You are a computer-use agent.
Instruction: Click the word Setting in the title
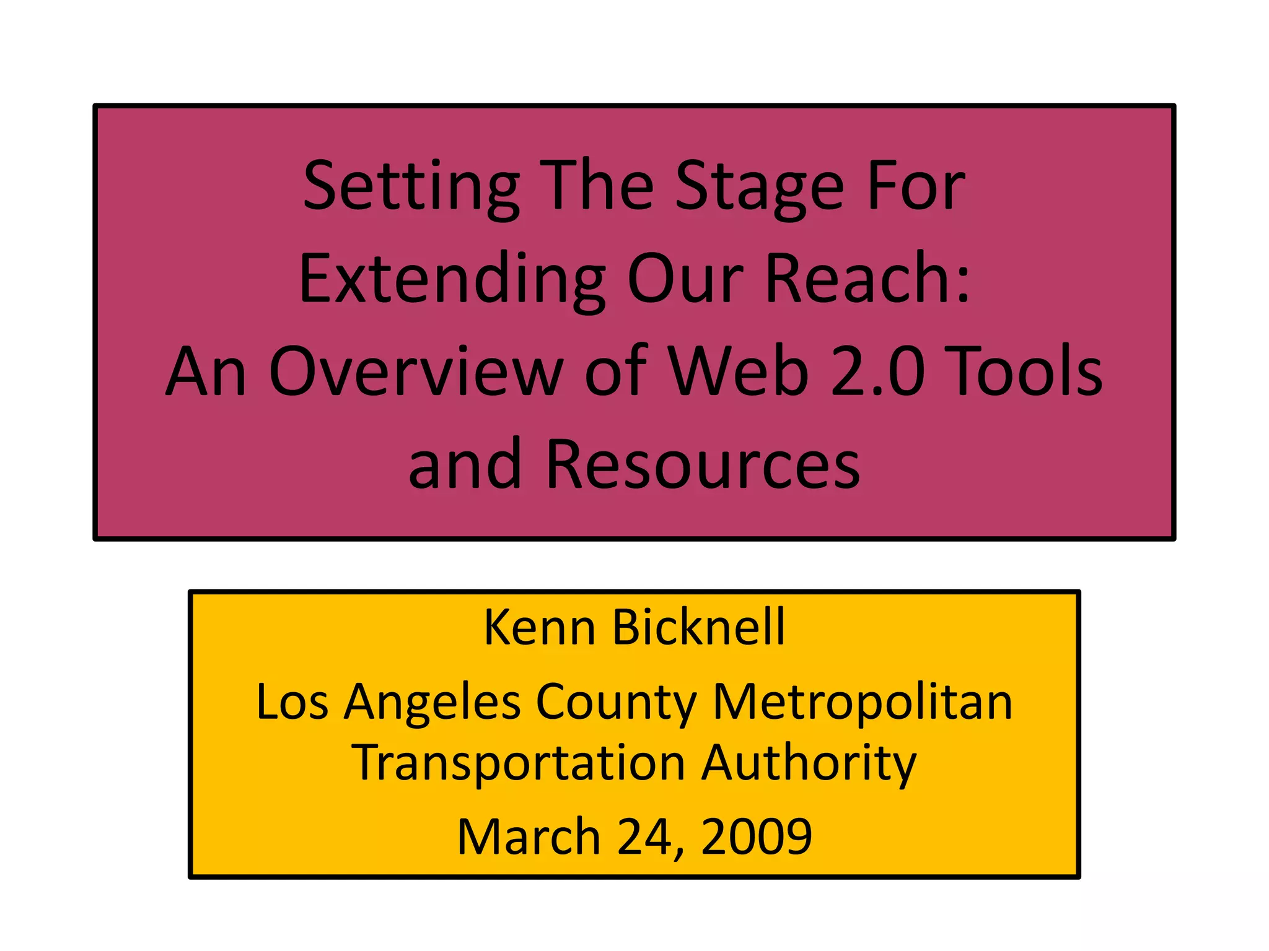pyautogui.click(x=411, y=187)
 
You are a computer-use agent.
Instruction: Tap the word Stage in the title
pyautogui.click(x=759, y=187)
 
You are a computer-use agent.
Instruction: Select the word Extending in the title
pyautogui.click(x=452, y=280)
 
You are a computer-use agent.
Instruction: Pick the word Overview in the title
pyautogui.click(x=416, y=372)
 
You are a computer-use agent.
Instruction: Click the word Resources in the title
pyautogui.click(x=703, y=464)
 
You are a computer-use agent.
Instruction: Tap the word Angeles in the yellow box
pyautogui.click(x=433, y=703)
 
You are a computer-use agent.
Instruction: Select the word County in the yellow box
pyautogui.click(x=616, y=703)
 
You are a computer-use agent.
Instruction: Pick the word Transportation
pyautogui.click(x=519, y=764)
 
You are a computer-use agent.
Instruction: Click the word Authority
pyautogui.click(x=809, y=764)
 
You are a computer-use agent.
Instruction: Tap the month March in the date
pyautogui.click(x=529, y=836)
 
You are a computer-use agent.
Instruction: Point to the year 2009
pyautogui.click(x=757, y=836)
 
